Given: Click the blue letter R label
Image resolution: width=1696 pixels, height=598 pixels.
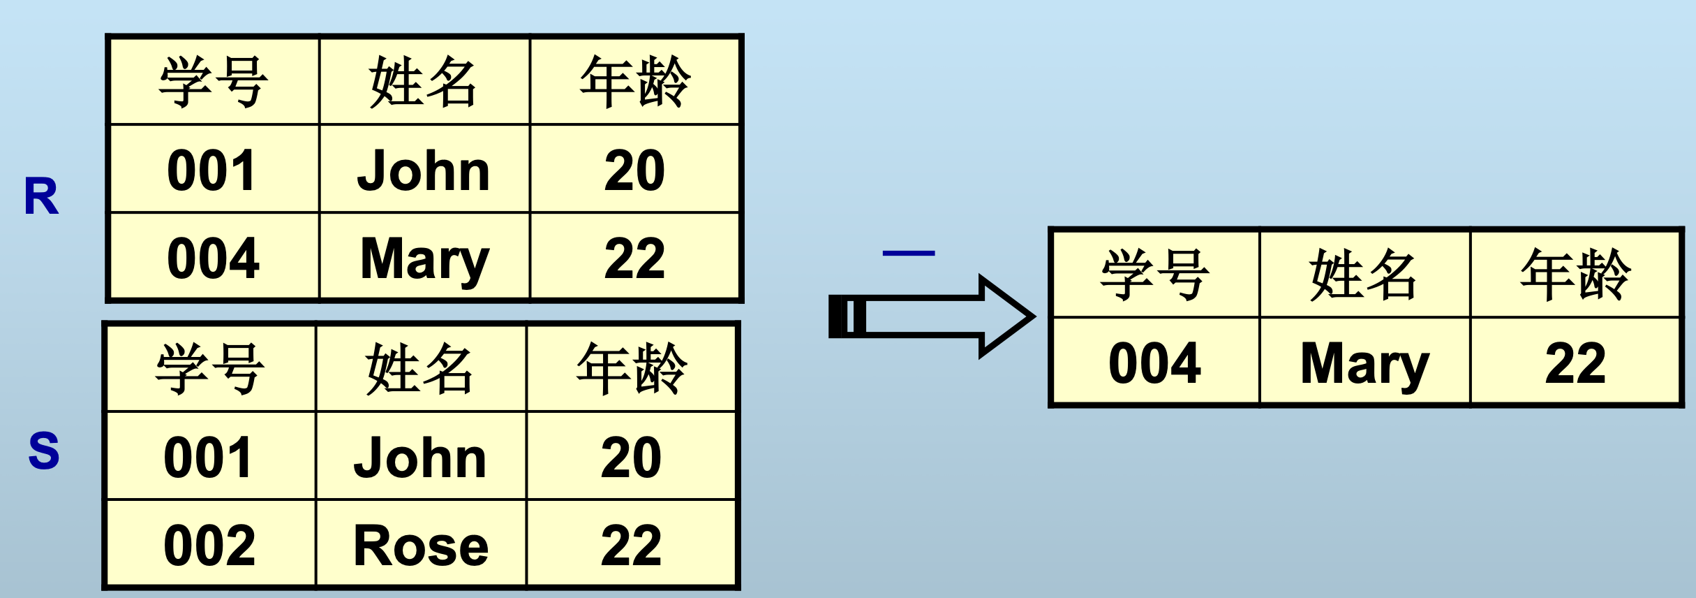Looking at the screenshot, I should click(41, 196).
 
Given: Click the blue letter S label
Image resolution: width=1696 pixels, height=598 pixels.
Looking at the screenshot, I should click(43, 451).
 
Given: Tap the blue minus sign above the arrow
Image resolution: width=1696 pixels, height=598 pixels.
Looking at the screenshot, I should click(908, 254).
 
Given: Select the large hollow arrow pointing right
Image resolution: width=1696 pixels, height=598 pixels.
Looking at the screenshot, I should click(932, 316).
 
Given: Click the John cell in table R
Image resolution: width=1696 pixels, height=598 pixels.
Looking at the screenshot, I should click(424, 170).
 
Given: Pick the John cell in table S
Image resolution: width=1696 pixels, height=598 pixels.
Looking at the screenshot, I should click(420, 457).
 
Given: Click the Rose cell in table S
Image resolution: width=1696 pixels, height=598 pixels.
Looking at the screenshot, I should click(421, 545).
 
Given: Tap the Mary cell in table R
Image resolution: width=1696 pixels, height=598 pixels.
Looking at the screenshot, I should click(424, 258).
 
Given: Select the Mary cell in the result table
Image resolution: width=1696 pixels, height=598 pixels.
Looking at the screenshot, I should click(1364, 363).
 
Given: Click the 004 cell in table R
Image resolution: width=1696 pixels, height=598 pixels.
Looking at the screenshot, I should click(214, 258).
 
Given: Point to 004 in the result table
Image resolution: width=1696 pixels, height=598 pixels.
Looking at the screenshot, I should click(1155, 363).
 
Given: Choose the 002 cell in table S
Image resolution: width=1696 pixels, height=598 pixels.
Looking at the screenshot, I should click(209, 545).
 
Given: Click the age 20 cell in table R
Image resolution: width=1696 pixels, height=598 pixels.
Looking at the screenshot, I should click(634, 170).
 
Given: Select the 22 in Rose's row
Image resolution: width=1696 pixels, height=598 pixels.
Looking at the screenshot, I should click(631, 545).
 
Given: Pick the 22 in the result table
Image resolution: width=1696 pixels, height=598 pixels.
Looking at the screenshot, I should click(1575, 363).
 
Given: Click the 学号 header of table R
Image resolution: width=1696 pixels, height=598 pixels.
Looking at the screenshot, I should click(214, 82).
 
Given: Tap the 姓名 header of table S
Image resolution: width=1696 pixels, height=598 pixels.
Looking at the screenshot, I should click(420, 369).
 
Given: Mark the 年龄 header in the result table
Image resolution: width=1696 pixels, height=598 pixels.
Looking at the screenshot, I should click(1575, 275).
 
